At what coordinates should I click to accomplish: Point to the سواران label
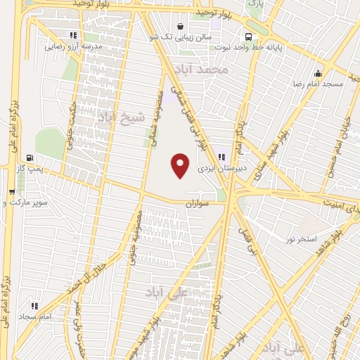coord(199,202)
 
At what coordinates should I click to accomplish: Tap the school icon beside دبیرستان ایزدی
coord(222,157)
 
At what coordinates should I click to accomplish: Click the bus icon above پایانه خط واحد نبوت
coord(248,37)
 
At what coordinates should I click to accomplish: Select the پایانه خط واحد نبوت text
coord(258,49)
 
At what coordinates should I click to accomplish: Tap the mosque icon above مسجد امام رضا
coord(319,72)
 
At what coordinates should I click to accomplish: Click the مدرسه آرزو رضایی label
coord(74,47)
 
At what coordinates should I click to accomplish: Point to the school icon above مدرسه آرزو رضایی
coord(73,35)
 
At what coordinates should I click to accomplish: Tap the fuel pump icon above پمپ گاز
coord(30,157)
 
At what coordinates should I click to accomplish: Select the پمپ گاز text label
coord(31,169)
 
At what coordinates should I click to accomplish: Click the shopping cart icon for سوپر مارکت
coord(11,191)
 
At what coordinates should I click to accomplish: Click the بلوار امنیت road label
coord(342,202)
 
